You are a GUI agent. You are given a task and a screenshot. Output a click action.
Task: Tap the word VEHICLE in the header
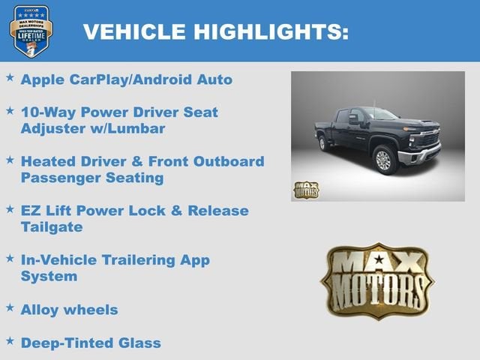click(134, 31)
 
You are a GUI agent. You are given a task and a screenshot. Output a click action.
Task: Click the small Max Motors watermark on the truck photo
click(305, 189)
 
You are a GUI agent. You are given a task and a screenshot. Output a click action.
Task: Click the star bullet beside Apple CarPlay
click(10, 77)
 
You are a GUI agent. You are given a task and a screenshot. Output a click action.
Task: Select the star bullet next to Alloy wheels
click(10, 307)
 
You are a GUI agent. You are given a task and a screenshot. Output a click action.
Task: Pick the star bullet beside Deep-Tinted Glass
click(10, 341)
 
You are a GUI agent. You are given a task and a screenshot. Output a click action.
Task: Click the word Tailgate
click(52, 226)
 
